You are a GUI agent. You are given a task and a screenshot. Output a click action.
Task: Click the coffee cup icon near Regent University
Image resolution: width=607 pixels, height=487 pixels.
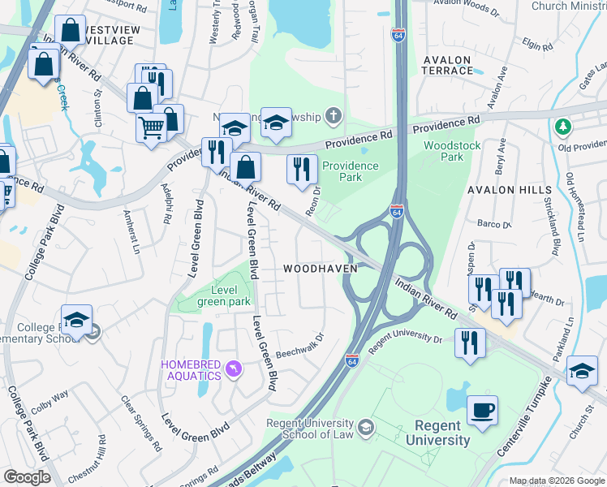coord(482,410)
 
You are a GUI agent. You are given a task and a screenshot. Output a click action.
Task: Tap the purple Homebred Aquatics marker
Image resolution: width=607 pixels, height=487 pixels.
coord(235,370)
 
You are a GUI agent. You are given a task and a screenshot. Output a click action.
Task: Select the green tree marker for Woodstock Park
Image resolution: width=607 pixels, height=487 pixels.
coord(562,127)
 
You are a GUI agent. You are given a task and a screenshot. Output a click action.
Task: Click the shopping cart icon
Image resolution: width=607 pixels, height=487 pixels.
coord(152,127)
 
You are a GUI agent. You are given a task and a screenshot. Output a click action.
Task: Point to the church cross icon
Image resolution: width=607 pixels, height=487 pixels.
coord(332,116)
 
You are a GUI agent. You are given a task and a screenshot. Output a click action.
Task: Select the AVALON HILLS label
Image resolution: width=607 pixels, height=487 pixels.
coord(502,190)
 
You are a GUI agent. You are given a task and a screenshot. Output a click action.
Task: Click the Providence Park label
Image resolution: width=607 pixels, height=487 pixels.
coord(350,171)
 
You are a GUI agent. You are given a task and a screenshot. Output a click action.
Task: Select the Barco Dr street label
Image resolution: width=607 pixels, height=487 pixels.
coord(493,224)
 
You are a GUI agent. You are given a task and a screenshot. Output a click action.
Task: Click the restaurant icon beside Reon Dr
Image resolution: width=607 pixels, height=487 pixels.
coord(301,169)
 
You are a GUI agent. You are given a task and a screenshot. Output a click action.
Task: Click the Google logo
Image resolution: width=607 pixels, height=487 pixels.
coord(27,477)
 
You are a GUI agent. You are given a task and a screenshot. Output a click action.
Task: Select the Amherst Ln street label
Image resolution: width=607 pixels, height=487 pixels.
coord(131,231)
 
